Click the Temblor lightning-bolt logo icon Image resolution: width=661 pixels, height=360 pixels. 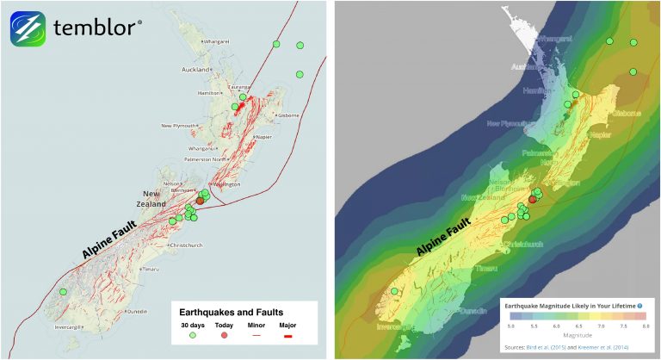click(28, 28)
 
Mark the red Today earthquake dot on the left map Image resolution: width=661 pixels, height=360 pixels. click(201, 200)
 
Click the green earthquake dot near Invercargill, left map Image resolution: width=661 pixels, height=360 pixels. click(63, 292)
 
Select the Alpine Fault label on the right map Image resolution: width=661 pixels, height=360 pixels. click(445, 237)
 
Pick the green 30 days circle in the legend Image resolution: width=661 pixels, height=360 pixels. click(190, 336)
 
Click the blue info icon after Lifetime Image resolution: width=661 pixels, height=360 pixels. click(639, 306)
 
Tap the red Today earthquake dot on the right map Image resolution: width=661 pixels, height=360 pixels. click(532, 199)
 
